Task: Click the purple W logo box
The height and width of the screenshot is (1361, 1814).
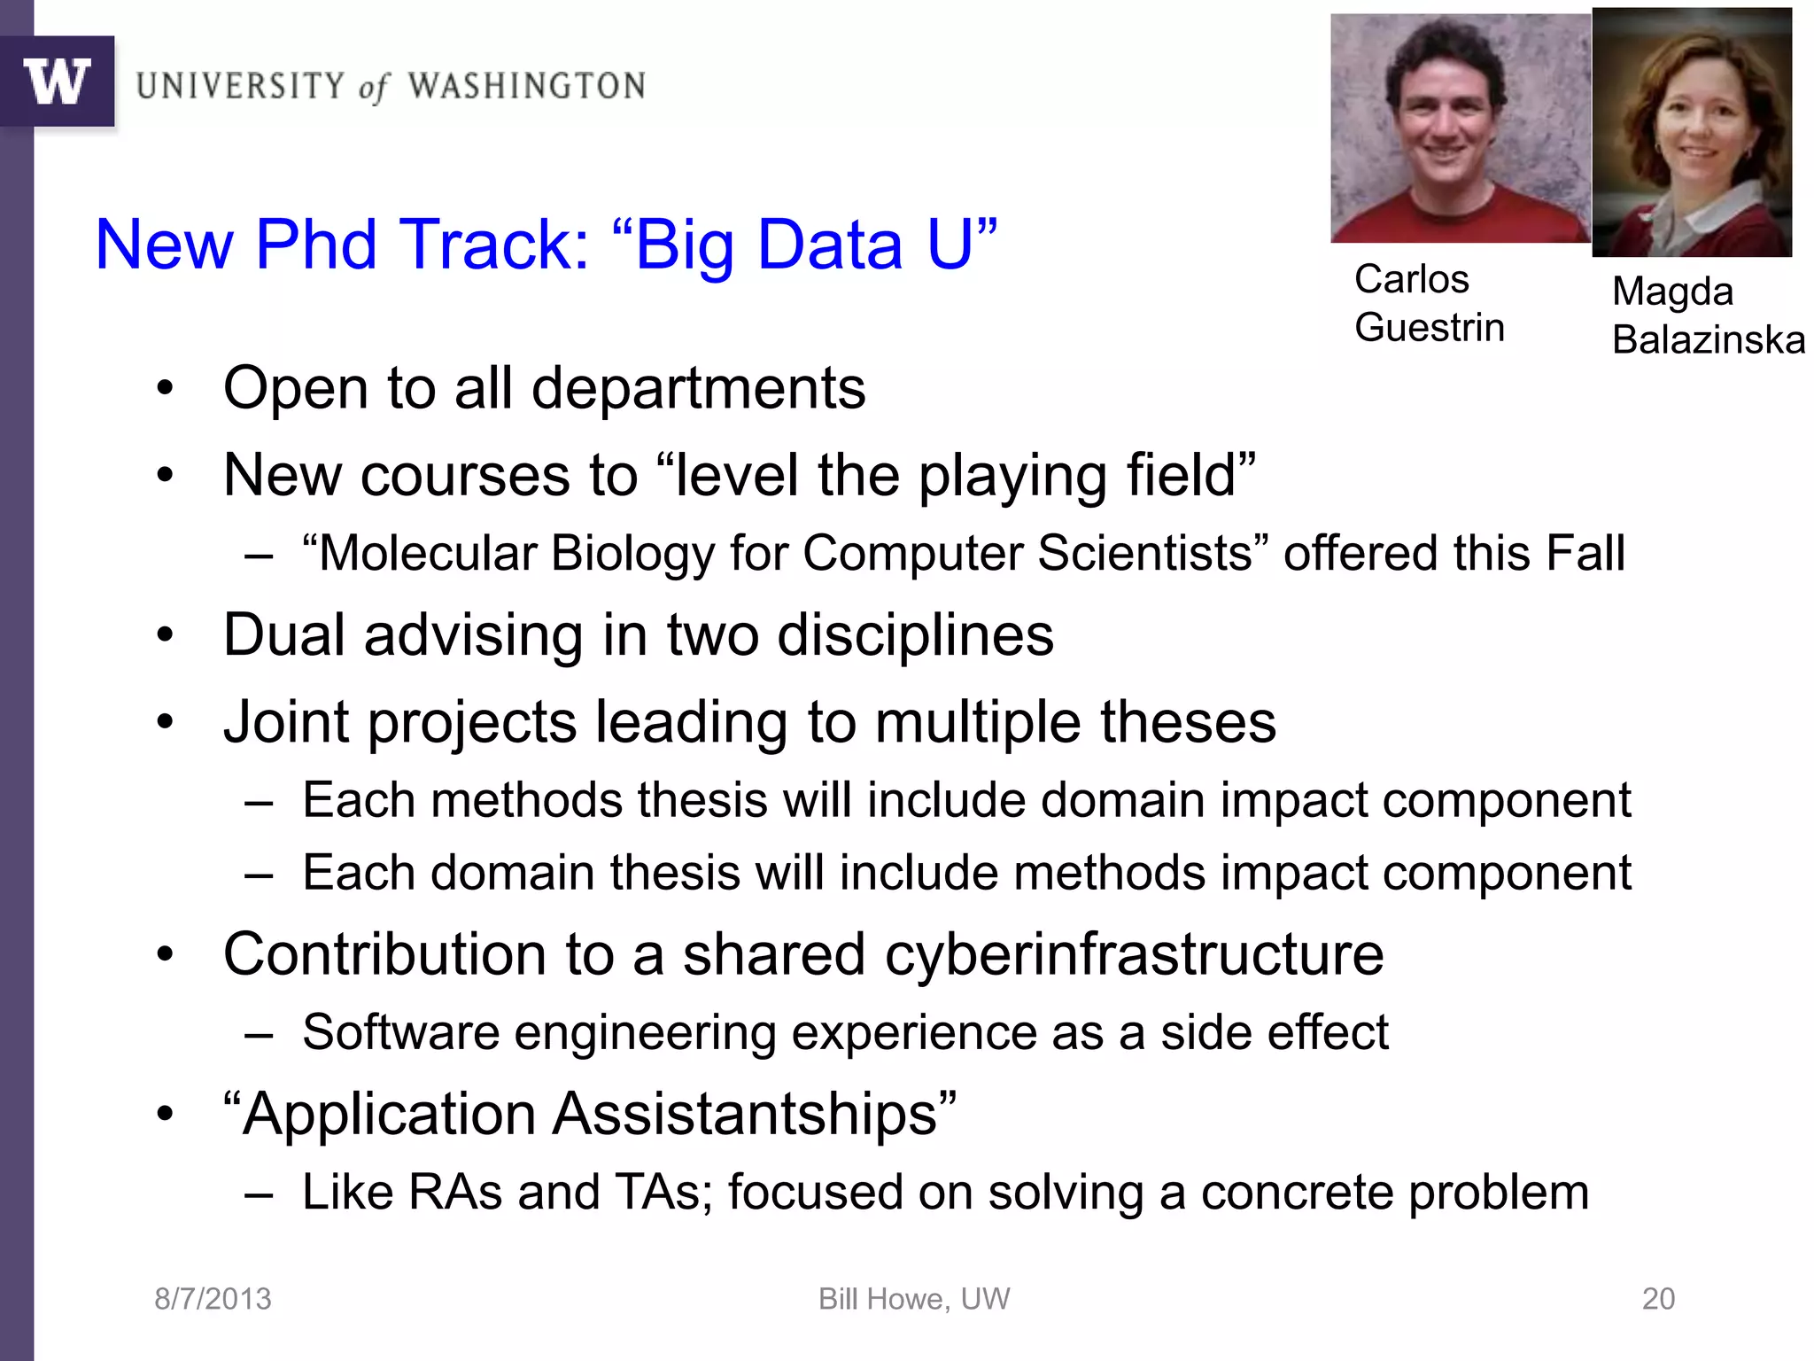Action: [x=57, y=82]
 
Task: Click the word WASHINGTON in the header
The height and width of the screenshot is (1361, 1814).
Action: [x=526, y=86]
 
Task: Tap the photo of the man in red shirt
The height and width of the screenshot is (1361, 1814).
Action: [x=1460, y=128]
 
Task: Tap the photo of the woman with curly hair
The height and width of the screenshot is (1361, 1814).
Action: [x=1692, y=133]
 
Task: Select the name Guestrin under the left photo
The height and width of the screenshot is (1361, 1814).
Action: [x=1429, y=328]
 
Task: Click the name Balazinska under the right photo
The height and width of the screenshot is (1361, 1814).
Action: [x=1708, y=340]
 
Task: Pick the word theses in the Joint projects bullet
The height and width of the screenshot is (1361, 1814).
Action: [x=1187, y=721]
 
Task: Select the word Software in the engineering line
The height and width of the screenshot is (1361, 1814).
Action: [x=400, y=1032]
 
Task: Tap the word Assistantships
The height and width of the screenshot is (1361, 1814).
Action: [x=744, y=1114]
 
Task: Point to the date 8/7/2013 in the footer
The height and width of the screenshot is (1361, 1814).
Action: [x=213, y=1299]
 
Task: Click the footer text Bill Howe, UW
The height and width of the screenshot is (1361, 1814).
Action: [x=913, y=1299]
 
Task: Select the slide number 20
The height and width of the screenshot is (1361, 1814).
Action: [x=1658, y=1299]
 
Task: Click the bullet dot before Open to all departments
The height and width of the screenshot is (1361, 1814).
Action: [x=165, y=390]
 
